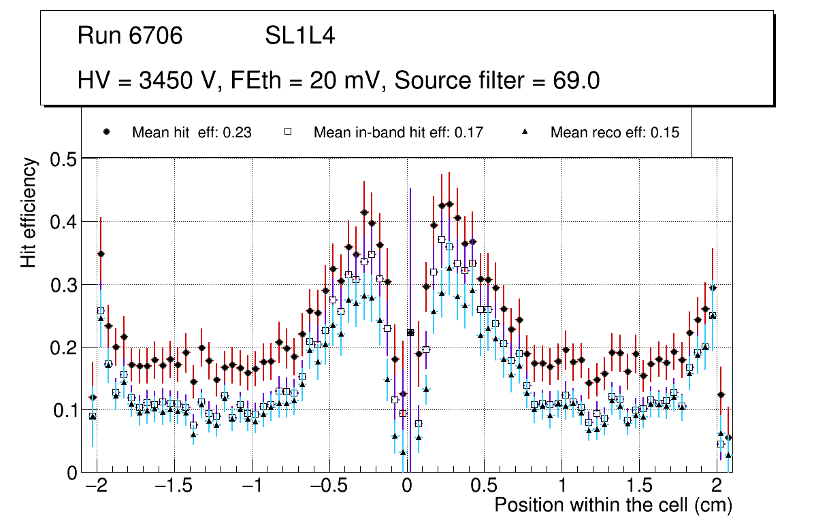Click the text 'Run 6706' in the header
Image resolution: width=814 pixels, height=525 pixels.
pyautogui.click(x=130, y=36)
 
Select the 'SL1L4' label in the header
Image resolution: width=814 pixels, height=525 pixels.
pyautogui.click(x=299, y=36)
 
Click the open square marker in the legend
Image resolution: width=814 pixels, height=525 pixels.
pyautogui.click(x=287, y=133)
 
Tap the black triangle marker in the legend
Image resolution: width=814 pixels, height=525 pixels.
pyautogui.click(x=525, y=133)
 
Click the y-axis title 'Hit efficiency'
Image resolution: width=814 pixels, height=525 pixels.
pyautogui.click(x=29, y=212)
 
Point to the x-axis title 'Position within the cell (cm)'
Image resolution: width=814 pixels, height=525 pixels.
pyautogui.click(x=613, y=505)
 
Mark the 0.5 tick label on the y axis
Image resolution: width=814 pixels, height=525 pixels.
pyautogui.click(x=63, y=159)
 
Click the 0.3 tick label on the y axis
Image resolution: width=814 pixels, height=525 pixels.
pyautogui.click(x=63, y=285)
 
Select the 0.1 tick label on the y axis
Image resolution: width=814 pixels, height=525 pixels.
pyautogui.click(x=63, y=410)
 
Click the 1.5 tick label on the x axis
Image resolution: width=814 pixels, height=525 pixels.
pyautogui.click(x=639, y=487)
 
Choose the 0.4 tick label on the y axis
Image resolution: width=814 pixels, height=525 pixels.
pyautogui.click(x=63, y=222)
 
